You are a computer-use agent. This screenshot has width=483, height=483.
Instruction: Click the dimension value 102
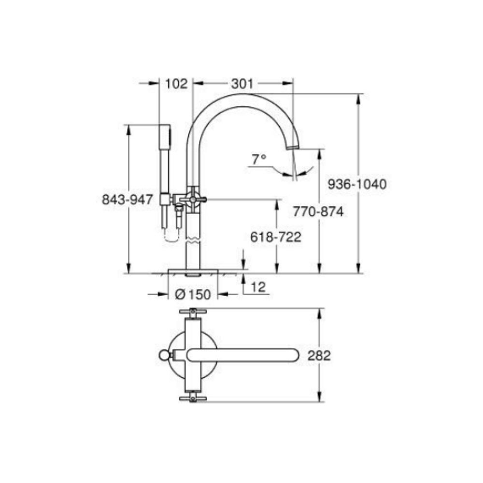pos(176,84)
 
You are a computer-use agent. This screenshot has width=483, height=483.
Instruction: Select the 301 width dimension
pos(241,84)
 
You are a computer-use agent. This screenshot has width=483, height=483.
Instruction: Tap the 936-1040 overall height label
pos(356,184)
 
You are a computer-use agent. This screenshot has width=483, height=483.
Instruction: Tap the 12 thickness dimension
pos(258,287)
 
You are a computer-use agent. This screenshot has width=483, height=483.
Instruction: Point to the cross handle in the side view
pos(193,198)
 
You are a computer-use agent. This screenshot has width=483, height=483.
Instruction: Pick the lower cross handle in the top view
pos(193,398)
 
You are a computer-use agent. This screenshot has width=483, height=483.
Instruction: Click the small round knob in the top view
pos(165,356)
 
